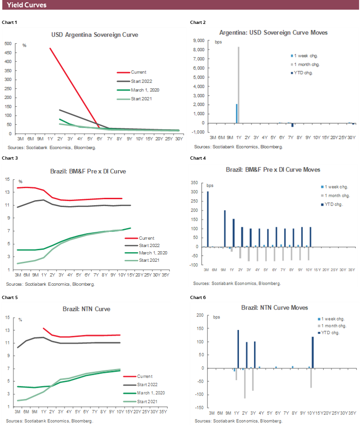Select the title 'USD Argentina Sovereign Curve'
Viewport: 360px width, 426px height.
94,35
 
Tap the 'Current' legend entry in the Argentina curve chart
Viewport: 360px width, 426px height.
138,72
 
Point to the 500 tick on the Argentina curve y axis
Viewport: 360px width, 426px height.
8,44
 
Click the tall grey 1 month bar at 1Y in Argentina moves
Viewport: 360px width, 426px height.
239,85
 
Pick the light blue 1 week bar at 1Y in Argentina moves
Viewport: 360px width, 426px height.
237,113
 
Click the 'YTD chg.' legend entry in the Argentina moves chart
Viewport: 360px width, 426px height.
303,73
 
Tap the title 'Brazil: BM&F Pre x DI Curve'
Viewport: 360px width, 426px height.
88,171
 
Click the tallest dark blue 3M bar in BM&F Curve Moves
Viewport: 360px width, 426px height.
208,219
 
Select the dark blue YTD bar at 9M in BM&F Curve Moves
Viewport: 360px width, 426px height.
225,228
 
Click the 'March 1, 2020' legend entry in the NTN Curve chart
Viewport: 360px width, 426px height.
151,393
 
